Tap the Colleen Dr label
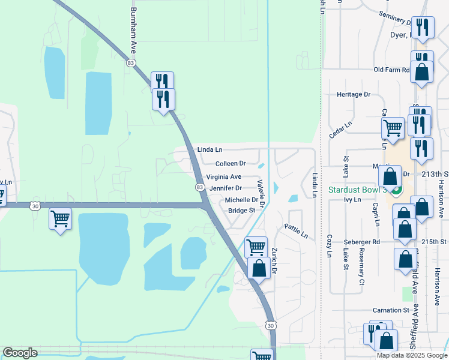pos(231,163)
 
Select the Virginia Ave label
pos(223,177)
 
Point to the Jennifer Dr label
pos(225,188)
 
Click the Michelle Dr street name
pos(241,200)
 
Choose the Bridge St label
pos(241,211)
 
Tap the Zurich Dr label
pos(274,261)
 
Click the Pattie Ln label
pos(296,230)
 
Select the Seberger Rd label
pos(368,242)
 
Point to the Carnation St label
pos(390,310)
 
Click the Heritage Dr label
pos(354,94)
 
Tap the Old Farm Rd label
pos(391,70)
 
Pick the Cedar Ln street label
pos(336,128)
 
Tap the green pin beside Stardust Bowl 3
pos(395,191)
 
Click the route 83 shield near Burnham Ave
pos(131,62)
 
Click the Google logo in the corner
pos(20,353)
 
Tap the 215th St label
pos(435,242)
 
